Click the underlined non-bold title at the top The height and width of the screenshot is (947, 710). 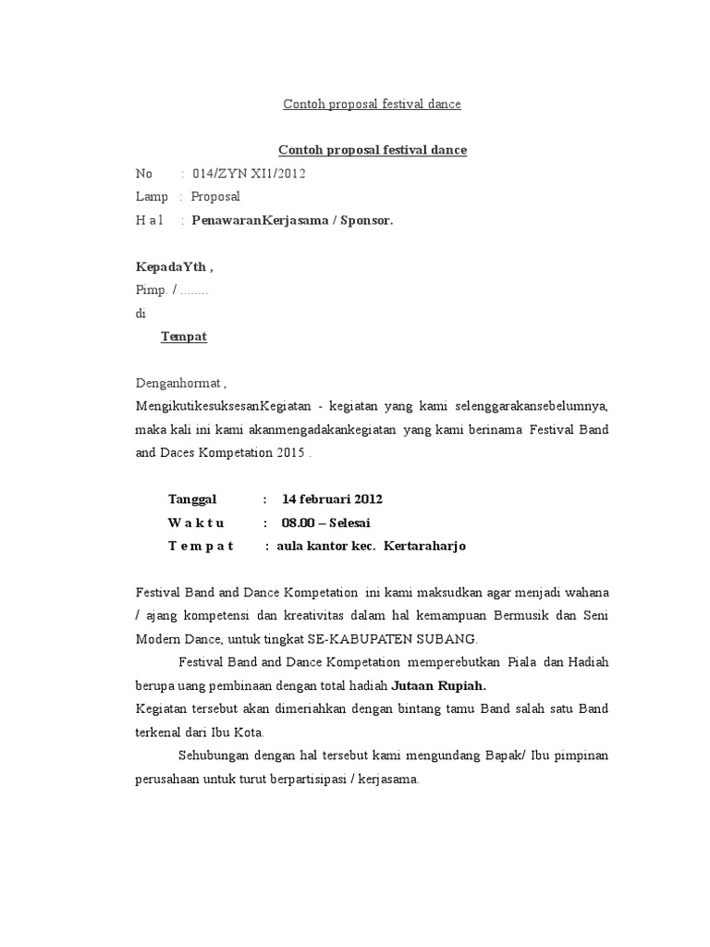(x=372, y=105)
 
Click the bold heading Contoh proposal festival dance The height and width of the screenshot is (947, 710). (x=373, y=150)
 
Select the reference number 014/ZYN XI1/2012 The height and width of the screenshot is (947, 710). (x=249, y=173)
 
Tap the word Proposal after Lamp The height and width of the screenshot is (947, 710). (x=215, y=197)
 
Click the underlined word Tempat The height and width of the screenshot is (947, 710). (x=184, y=337)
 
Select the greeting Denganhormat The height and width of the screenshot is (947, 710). (x=179, y=384)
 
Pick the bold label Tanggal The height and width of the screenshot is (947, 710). (x=192, y=499)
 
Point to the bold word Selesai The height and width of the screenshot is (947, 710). (x=356, y=523)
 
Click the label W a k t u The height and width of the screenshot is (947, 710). (x=196, y=523)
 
